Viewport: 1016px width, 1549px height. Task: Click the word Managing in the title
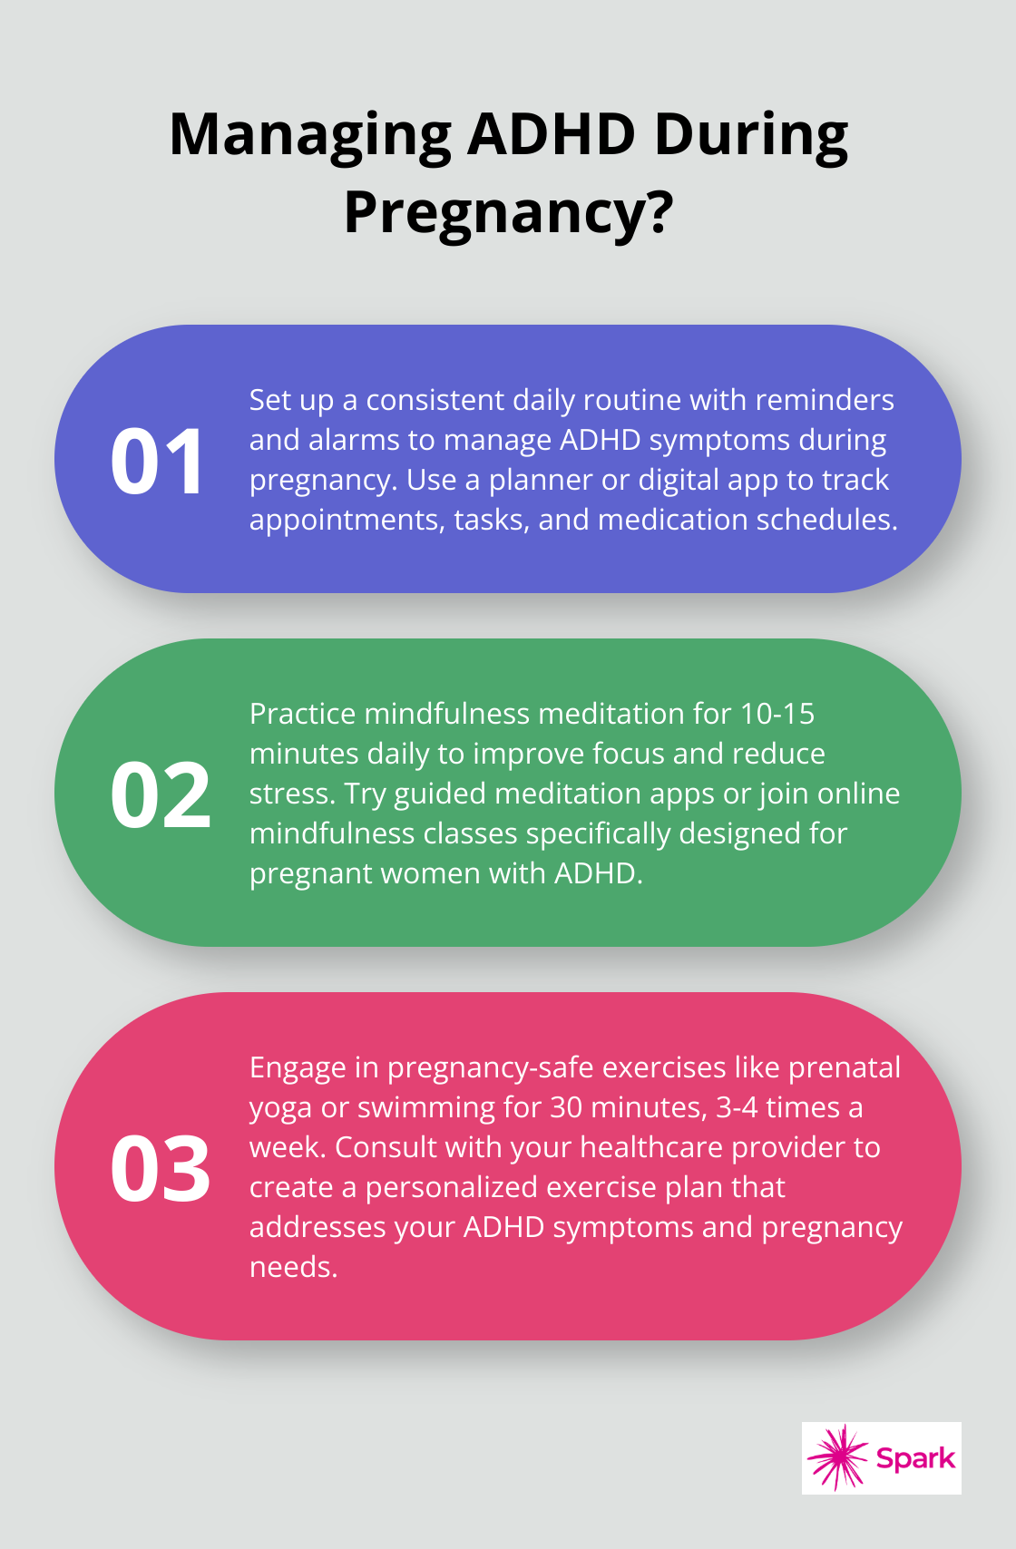[x=310, y=135]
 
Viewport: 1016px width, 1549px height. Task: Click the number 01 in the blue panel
[x=157, y=462]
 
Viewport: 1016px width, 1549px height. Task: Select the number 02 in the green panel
[x=160, y=794]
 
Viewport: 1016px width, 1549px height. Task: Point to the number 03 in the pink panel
[x=160, y=1169]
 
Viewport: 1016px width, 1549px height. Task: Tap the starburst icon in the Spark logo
[x=837, y=1457]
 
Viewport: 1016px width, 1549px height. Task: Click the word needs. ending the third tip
[x=293, y=1268]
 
